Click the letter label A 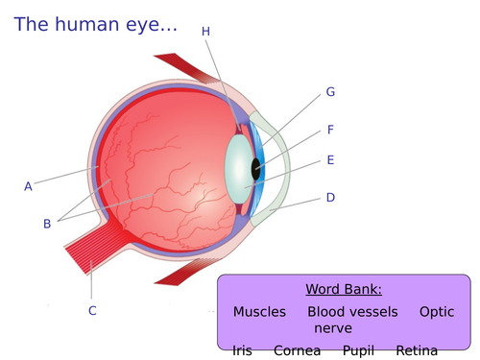click(29, 186)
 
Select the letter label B click(47, 224)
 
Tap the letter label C click(92, 310)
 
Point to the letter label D click(330, 198)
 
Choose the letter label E click(330, 160)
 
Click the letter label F click(330, 130)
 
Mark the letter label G click(330, 92)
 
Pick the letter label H click(205, 32)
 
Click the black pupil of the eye click(256, 169)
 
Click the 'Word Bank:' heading click(344, 289)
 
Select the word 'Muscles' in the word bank click(259, 312)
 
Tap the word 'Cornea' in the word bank click(298, 350)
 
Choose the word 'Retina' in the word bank click(416, 350)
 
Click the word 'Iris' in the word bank click(242, 350)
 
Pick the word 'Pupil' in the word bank click(358, 350)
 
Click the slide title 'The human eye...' click(96, 26)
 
